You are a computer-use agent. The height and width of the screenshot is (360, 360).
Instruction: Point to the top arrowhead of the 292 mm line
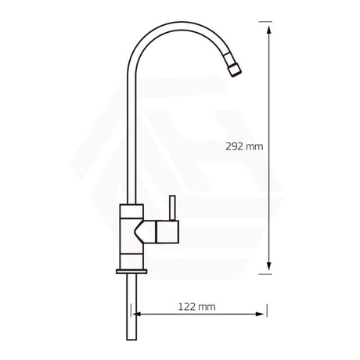pos(270,28)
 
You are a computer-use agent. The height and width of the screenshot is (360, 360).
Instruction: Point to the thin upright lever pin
pos(169,207)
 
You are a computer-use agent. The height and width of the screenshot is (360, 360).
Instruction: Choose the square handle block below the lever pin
pos(167,232)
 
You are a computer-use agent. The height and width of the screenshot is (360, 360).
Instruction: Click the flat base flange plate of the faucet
pos(132,272)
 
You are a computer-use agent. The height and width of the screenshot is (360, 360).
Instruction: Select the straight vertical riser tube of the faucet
pos(133,141)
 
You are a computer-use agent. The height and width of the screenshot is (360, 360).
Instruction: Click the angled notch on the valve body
pos(145,230)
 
